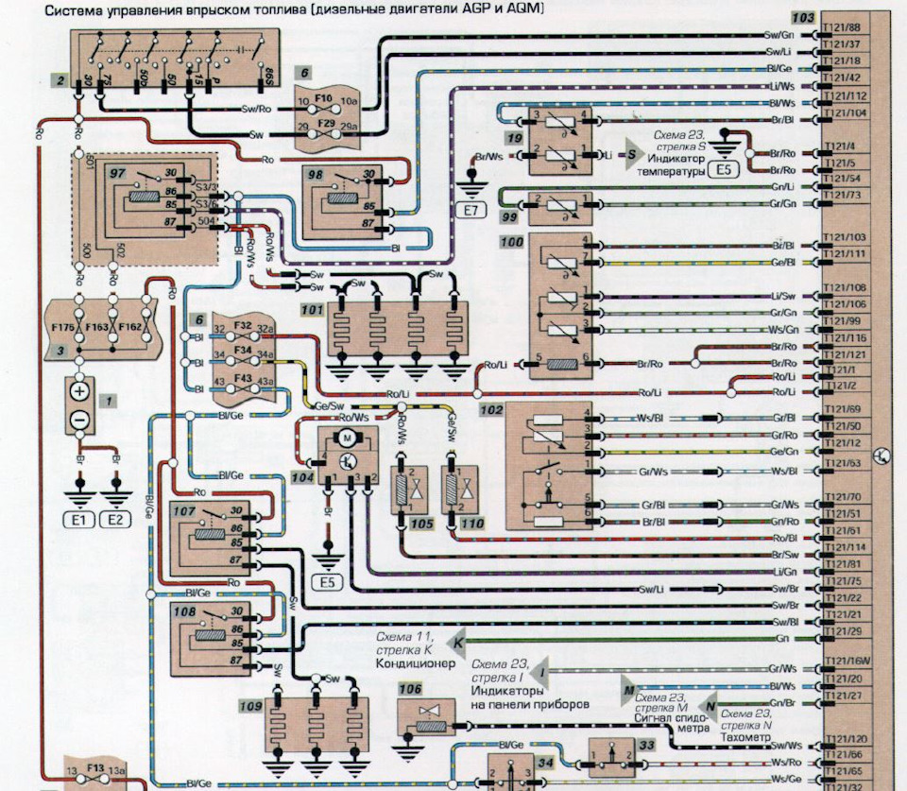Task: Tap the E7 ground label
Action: [470, 212]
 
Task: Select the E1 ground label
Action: [76, 519]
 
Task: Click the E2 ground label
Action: [115, 519]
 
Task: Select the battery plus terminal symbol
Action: [79, 389]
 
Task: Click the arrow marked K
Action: [457, 643]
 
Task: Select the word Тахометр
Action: [745, 737]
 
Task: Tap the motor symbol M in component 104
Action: [345, 438]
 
